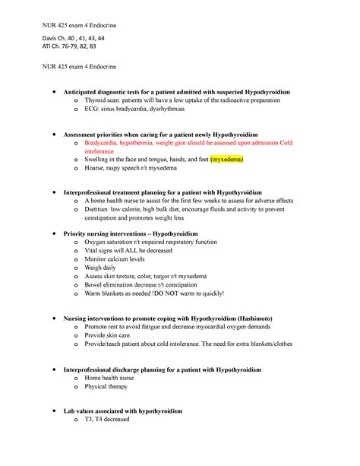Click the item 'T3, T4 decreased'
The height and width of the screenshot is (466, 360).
pos(109,419)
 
